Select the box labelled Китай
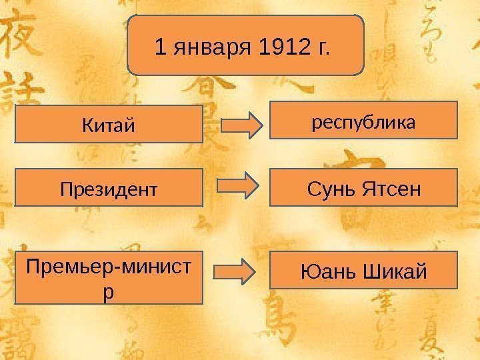pos(109,124)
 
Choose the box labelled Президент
pos(109,187)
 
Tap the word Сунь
pos(330,189)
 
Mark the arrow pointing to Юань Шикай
pos(234,271)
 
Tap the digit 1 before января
pos(159,48)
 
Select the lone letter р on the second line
pos(109,291)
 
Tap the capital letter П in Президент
pos(65,189)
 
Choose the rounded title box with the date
pos(245,45)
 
